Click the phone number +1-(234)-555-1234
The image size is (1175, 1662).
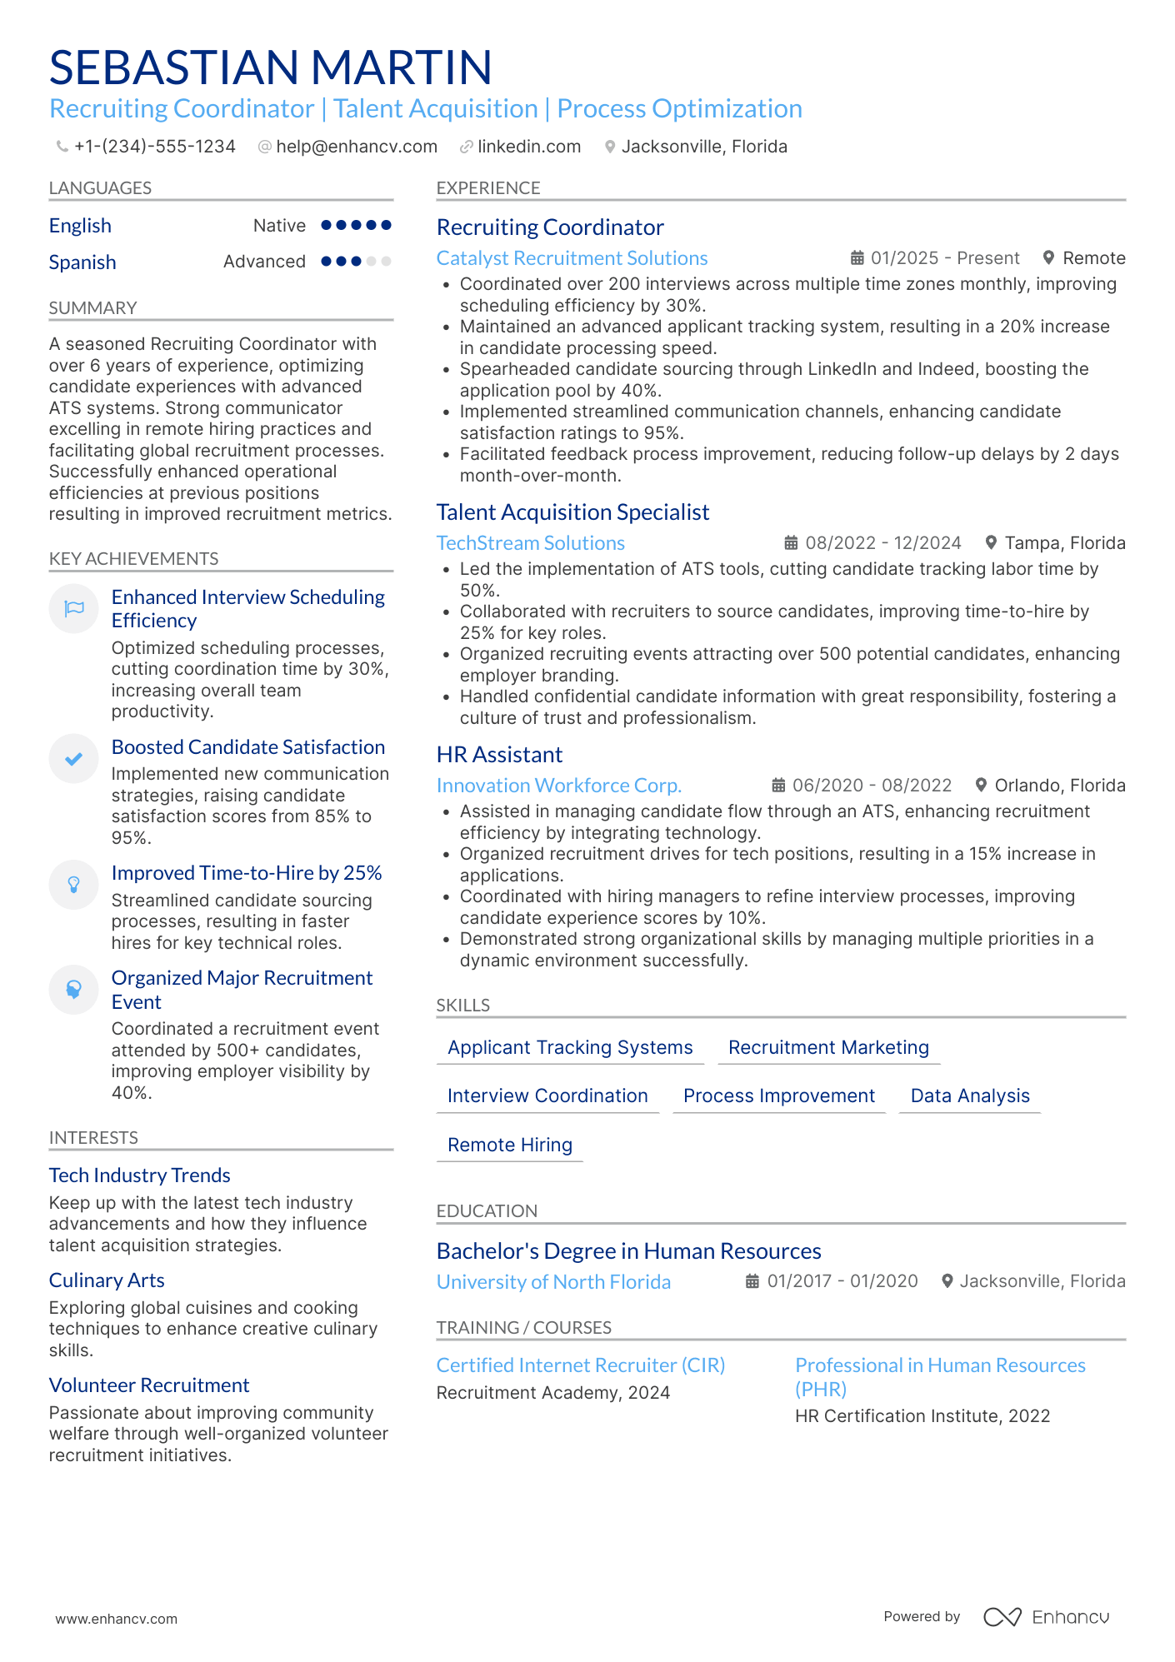click(x=154, y=147)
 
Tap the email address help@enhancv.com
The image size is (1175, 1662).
click(x=356, y=147)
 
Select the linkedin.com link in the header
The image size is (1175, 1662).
click(x=528, y=147)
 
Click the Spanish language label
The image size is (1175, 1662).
click(x=82, y=262)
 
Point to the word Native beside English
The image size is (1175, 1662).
click(x=279, y=226)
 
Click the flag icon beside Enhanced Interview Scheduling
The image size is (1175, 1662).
click(x=74, y=608)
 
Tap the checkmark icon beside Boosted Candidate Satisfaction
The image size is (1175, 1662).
click(x=74, y=758)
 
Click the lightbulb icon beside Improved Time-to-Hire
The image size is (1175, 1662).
click(x=74, y=884)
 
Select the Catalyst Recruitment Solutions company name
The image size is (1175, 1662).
click(x=572, y=258)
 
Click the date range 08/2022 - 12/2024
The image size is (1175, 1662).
click(x=882, y=543)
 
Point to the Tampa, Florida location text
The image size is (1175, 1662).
click(x=1064, y=543)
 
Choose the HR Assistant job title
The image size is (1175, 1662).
click(x=499, y=755)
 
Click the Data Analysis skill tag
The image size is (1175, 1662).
click(x=969, y=1096)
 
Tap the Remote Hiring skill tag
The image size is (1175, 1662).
click(x=509, y=1145)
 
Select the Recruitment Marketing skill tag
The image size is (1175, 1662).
click(x=827, y=1047)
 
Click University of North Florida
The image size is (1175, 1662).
click(x=553, y=1282)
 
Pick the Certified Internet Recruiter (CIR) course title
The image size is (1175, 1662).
click(x=580, y=1365)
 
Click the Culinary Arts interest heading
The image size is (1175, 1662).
click(x=107, y=1280)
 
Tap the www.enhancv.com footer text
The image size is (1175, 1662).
click(x=116, y=1619)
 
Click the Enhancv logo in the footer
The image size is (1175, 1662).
click(x=1046, y=1617)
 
